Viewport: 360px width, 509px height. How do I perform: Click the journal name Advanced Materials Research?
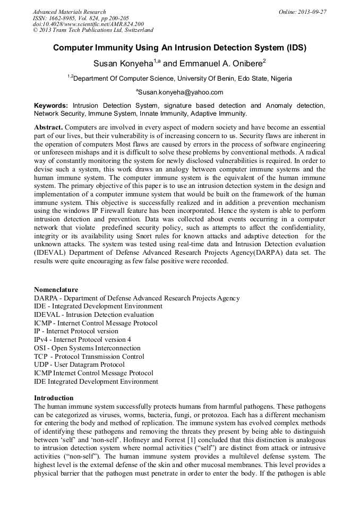point(69,12)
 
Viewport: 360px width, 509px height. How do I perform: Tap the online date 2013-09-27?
point(311,12)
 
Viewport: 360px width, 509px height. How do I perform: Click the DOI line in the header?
point(88,24)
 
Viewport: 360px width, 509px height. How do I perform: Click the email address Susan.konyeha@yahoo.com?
point(181,92)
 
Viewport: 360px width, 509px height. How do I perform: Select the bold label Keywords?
point(51,106)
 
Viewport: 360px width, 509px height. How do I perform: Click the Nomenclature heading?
point(56,290)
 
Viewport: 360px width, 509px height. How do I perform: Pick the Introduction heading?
point(54,398)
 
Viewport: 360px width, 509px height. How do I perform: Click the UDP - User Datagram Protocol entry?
point(79,365)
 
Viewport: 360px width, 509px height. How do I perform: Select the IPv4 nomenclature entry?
point(82,340)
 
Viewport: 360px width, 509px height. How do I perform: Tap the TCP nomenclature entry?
point(89,357)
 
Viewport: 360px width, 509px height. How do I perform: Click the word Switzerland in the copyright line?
point(135,30)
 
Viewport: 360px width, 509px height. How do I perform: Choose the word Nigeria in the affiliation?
point(281,79)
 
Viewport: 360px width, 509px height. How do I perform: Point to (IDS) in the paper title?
point(295,48)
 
